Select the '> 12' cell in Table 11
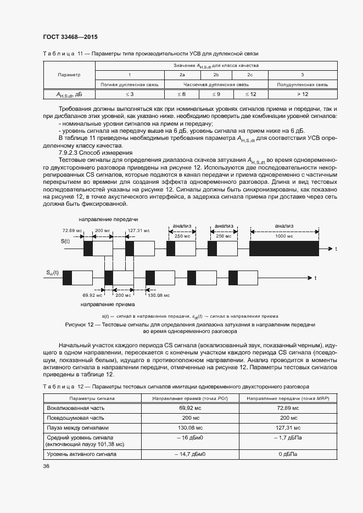tap(302, 94)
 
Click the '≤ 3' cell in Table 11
tap(129, 94)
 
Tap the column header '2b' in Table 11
tap(216, 75)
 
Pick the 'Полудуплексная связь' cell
tap(302, 84)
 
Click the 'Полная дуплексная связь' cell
tap(129, 84)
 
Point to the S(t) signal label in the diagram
tap(65, 241)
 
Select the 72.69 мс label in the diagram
tap(72, 231)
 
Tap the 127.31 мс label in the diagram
tap(138, 231)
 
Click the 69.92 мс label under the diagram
tap(91, 295)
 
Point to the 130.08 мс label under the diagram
tap(159, 295)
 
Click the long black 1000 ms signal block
tap(284, 249)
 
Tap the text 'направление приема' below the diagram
tap(105, 304)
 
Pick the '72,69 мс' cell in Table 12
tap(288, 408)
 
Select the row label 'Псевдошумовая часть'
tap(75, 418)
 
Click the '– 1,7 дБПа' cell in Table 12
tap(288, 437)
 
